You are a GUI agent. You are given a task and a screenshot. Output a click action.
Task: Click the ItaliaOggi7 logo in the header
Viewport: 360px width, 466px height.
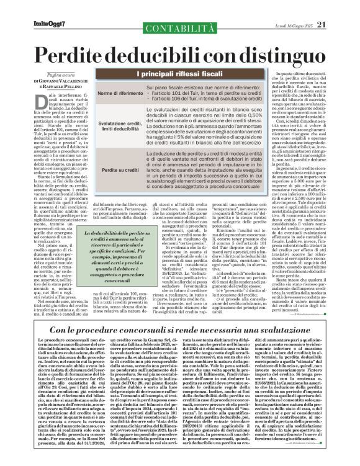tap(32, 7)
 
